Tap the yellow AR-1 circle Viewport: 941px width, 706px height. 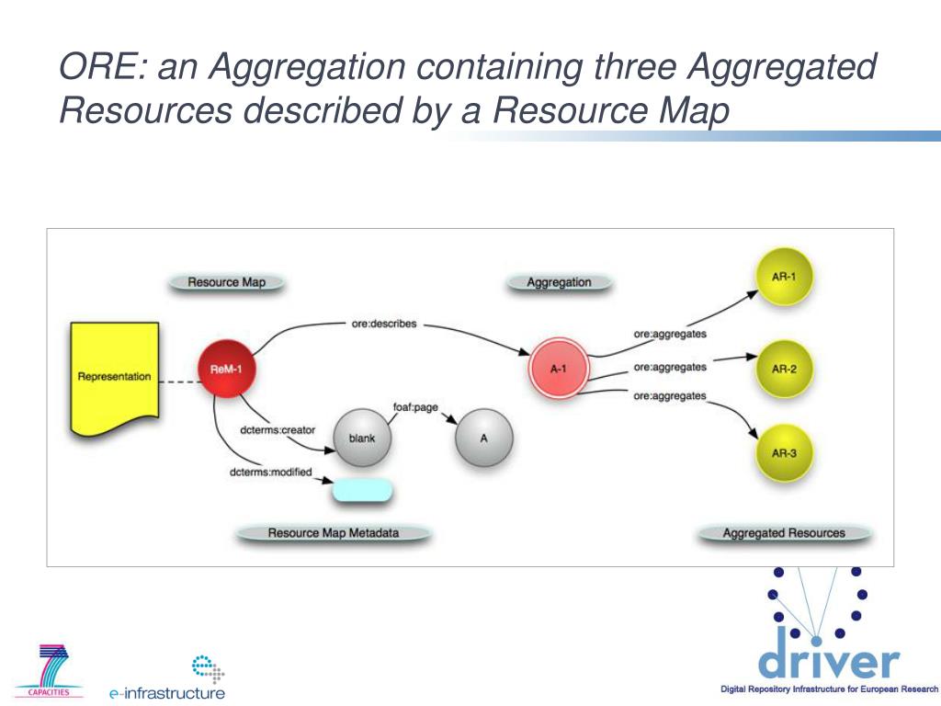(x=784, y=276)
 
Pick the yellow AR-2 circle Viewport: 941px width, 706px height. (x=784, y=369)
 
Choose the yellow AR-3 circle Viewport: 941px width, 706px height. (x=784, y=451)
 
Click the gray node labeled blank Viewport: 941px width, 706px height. (x=362, y=438)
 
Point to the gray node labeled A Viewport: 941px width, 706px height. (x=483, y=438)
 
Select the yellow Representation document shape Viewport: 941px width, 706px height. (x=114, y=377)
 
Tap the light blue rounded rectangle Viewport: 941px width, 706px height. (x=362, y=490)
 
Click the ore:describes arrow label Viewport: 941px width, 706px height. (x=384, y=324)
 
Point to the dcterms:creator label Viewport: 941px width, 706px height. (x=278, y=429)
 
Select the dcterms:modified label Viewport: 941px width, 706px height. (x=270, y=473)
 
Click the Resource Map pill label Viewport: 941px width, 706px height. (x=226, y=282)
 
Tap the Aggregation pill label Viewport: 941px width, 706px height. (x=559, y=282)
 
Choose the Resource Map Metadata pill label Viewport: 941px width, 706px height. (x=333, y=532)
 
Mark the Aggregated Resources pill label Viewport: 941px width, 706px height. (x=784, y=532)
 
